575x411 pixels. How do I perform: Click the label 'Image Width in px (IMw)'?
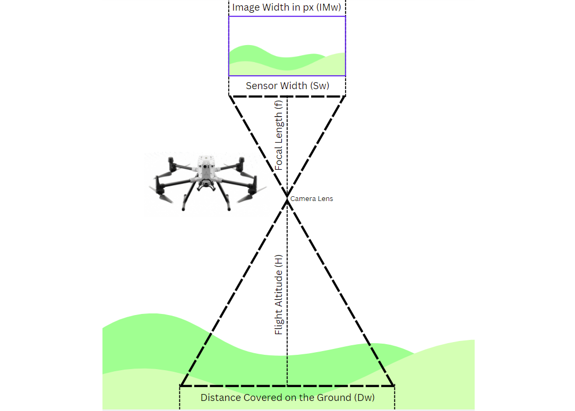point(286,7)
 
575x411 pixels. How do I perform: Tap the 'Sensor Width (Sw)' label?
point(287,85)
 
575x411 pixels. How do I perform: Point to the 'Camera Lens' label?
point(312,198)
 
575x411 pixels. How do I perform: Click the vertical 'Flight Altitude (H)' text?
point(279,294)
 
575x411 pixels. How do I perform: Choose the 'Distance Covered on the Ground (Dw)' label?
point(287,397)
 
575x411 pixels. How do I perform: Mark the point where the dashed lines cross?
point(287,197)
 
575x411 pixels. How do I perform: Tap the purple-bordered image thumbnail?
point(287,46)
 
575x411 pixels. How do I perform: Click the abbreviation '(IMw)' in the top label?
point(328,7)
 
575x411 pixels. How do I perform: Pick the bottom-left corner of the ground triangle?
point(181,386)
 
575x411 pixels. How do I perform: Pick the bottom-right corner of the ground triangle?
point(393,386)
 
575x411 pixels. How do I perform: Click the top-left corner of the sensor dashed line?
point(229,96)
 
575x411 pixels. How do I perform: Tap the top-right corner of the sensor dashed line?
point(346,96)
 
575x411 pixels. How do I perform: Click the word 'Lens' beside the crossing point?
point(325,198)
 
